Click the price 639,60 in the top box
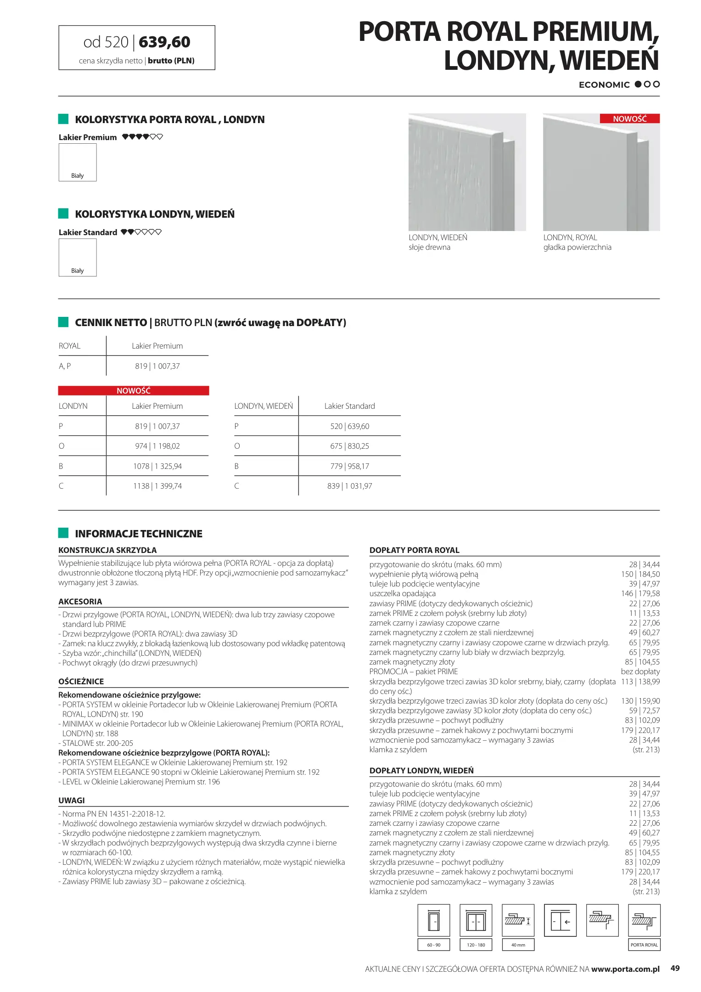click(x=164, y=42)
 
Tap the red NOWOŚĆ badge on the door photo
click(x=629, y=119)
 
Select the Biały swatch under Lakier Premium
click(x=78, y=162)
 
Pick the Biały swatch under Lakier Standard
click(x=78, y=257)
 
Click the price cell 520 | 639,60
click(x=349, y=426)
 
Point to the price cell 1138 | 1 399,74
click(x=157, y=486)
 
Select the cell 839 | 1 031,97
click(x=349, y=486)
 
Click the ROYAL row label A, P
click(x=65, y=366)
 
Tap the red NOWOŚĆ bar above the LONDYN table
click(x=134, y=391)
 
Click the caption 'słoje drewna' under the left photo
click(x=429, y=248)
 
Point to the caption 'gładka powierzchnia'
click(x=577, y=248)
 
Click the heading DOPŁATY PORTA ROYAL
click(x=414, y=550)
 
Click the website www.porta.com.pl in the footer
click(x=625, y=969)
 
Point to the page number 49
click(x=675, y=968)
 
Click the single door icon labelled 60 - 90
click(x=434, y=920)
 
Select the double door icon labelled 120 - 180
click(x=476, y=920)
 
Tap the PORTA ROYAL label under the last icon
click(x=644, y=945)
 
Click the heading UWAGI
click(x=72, y=800)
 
